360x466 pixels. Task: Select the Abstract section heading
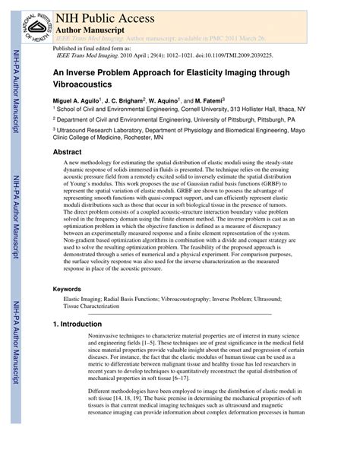[68, 151]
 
